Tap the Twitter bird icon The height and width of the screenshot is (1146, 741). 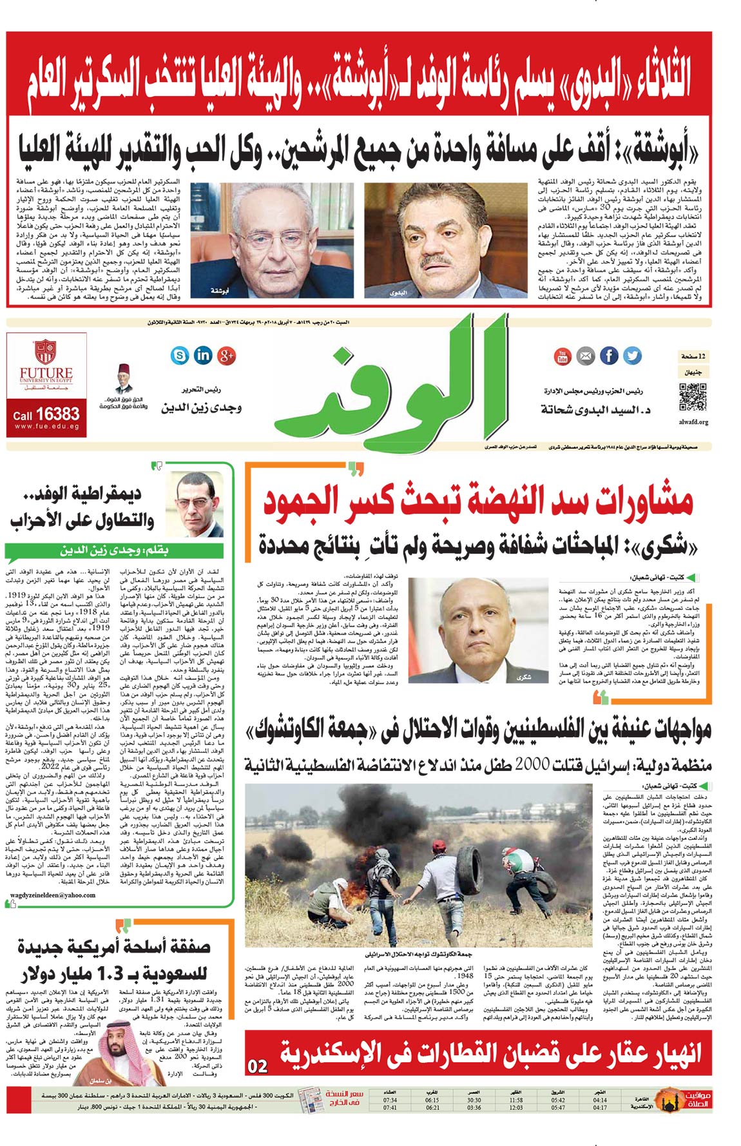(x=633, y=355)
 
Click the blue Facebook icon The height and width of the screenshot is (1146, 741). (x=609, y=355)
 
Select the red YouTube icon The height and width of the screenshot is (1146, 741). (x=563, y=355)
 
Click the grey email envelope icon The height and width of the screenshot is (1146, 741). (x=585, y=355)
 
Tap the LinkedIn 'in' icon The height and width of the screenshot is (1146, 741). (x=203, y=354)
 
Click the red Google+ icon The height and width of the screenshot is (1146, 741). (x=227, y=354)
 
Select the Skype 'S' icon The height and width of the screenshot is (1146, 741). (x=180, y=354)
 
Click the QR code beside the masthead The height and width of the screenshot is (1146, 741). (x=693, y=397)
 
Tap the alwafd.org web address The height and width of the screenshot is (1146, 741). (x=693, y=422)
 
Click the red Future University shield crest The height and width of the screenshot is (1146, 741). (x=45, y=352)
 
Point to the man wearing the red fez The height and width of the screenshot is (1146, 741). (x=123, y=379)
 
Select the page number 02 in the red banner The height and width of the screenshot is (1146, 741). (x=258, y=1066)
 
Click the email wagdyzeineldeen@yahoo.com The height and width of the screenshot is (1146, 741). (x=53, y=895)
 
